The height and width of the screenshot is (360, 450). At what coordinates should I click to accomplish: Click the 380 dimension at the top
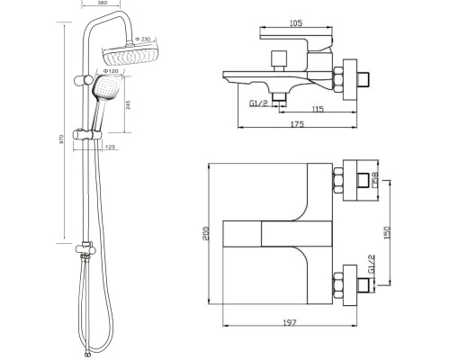click(102, 3)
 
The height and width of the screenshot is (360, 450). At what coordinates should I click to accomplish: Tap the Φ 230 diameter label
click(143, 39)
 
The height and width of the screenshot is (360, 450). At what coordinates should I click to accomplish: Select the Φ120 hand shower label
click(109, 71)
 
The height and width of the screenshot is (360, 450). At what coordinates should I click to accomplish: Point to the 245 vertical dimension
click(129, 104)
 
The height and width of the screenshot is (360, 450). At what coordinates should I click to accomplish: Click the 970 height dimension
click(61, 139)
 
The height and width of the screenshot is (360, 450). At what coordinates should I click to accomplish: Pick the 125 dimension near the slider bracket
click(111, 147)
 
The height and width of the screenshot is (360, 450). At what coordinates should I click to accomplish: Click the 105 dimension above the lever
click(296, 22)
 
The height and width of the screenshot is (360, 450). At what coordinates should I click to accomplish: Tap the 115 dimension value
click(318, 109)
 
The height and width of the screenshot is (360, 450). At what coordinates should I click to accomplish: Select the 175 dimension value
click(298, 124)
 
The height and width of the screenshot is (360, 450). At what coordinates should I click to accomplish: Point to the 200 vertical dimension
click(206, 233)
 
